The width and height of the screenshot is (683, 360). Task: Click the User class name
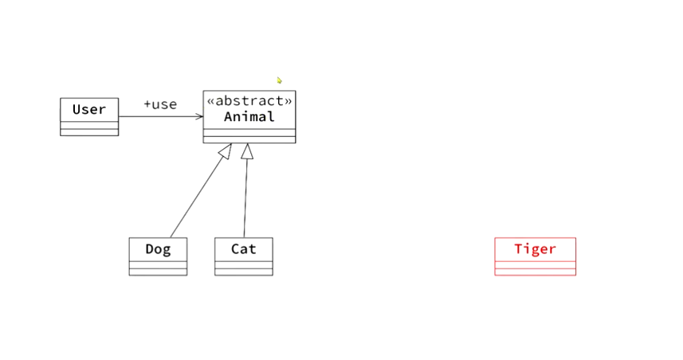click(89, 110)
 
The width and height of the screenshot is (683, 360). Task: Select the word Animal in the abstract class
click(249, 117)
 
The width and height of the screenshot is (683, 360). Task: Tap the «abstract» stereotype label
click(249, 101)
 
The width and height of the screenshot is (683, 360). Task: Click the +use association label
click(160, 104)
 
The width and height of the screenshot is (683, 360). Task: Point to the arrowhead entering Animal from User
click(199, 116)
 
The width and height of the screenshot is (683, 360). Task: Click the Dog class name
click(158, 249)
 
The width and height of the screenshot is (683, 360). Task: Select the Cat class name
click(244, 249)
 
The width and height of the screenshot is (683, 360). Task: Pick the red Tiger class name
click(535, 249)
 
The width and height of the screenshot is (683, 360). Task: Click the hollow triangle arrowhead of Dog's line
click(226, 151)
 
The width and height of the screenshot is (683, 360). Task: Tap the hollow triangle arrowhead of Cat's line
click(247, 151)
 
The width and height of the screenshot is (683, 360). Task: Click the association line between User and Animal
click(159, 116)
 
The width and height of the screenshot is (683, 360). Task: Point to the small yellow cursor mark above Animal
click(280, 80)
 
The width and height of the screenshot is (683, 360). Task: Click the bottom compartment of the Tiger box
click(535, 272)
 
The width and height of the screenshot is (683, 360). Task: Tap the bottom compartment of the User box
click(89, 132)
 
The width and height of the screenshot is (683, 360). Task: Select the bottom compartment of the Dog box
click(158, 272)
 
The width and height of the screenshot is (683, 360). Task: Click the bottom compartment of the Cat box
click(244, 272)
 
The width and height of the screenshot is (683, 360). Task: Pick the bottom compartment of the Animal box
click(249, 139)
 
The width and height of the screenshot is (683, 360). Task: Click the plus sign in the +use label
click(147, 104)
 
